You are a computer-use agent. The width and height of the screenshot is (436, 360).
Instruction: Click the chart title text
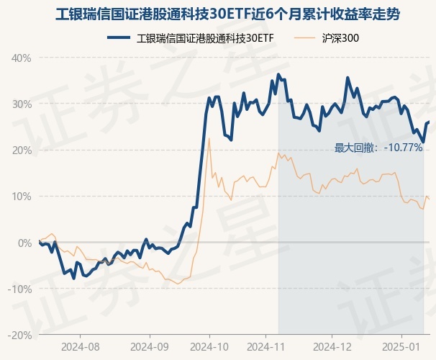click(217, 14)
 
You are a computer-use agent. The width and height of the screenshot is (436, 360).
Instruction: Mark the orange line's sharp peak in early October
click(209, 138)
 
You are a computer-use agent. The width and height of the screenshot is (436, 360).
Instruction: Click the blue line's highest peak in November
click(278, 74)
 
